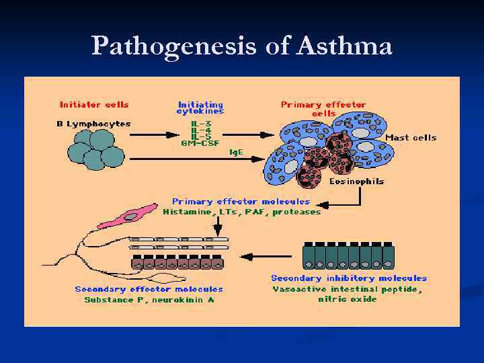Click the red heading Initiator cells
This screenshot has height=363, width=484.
[94, 104]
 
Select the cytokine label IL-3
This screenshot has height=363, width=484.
[200, 123]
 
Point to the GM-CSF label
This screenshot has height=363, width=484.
[200, 143]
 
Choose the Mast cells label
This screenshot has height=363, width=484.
[411, 138]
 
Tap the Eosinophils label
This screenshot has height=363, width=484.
[356, 182]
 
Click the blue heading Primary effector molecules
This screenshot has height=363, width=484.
[241, 201]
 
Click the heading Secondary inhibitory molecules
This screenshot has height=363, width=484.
[348, 278]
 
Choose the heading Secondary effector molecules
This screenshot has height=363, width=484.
[149, 289]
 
